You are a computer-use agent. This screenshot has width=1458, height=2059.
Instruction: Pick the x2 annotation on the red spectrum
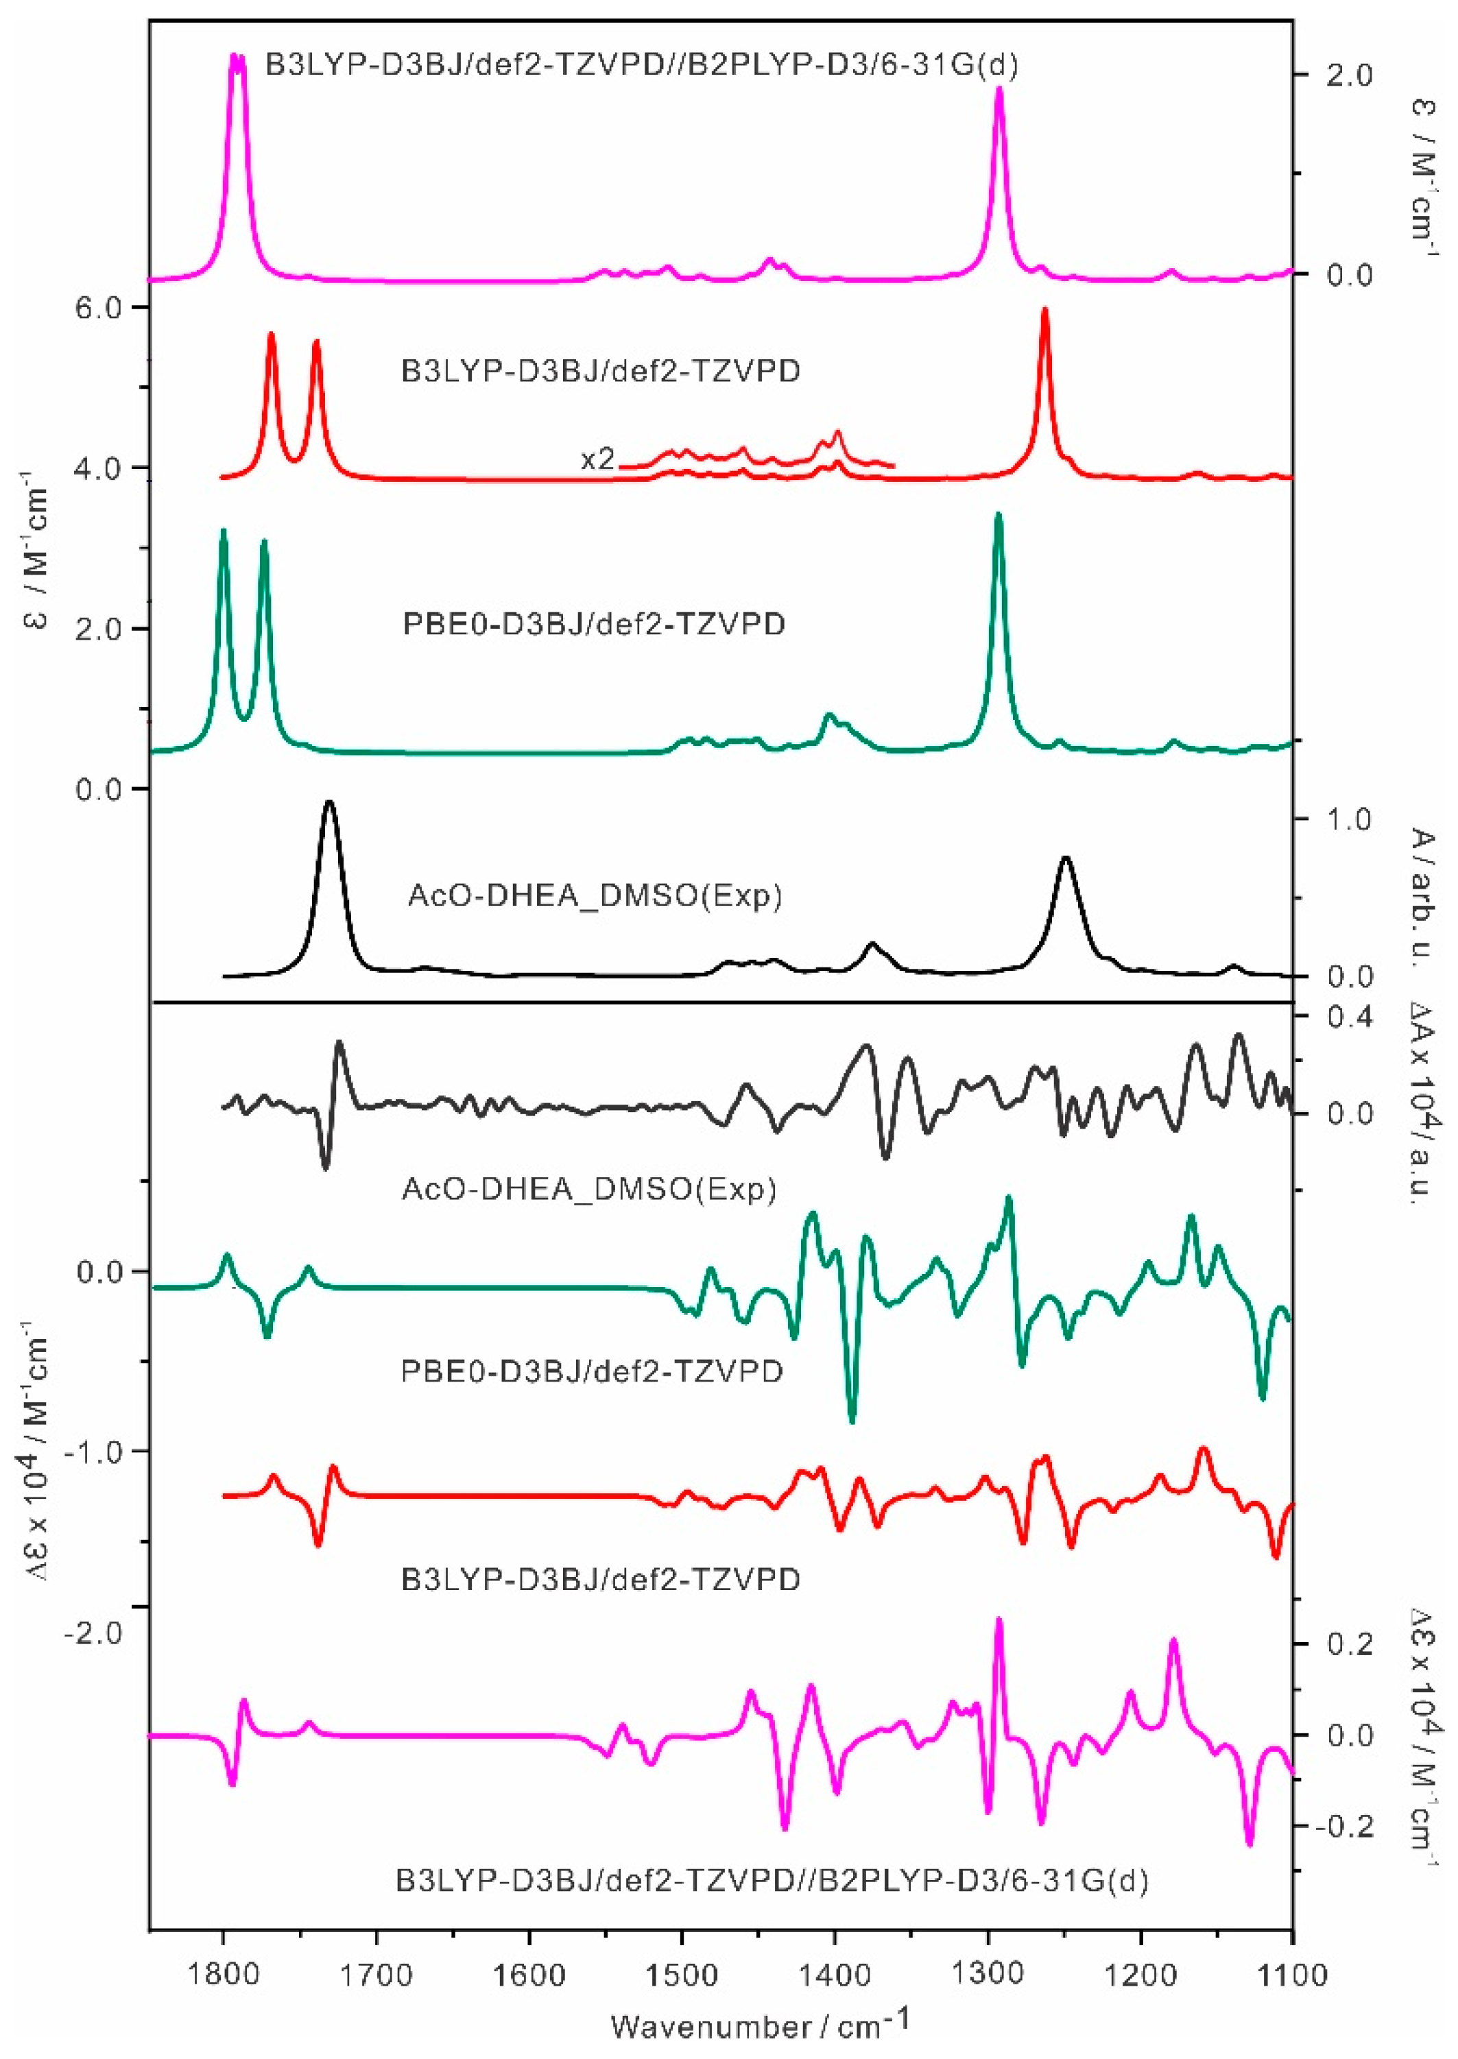[x=598, y=459]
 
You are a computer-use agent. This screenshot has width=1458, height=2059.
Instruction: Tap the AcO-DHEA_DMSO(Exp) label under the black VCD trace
[x=588, y=1190]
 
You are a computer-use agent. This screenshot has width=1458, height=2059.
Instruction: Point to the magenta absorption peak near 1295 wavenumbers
[x=999, y=90]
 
